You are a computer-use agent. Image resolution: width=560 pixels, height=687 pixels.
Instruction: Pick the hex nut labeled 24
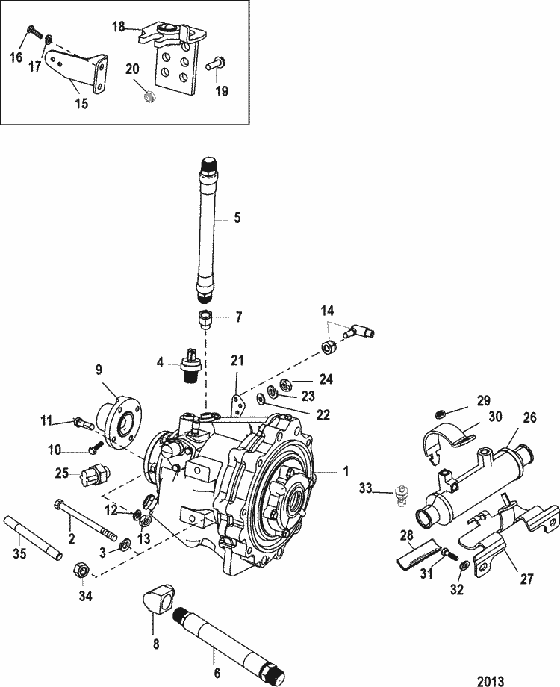coord(284,385)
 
